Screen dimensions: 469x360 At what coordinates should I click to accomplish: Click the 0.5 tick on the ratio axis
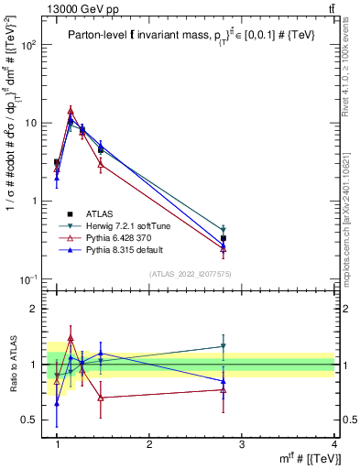click(x=31, y=420)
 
